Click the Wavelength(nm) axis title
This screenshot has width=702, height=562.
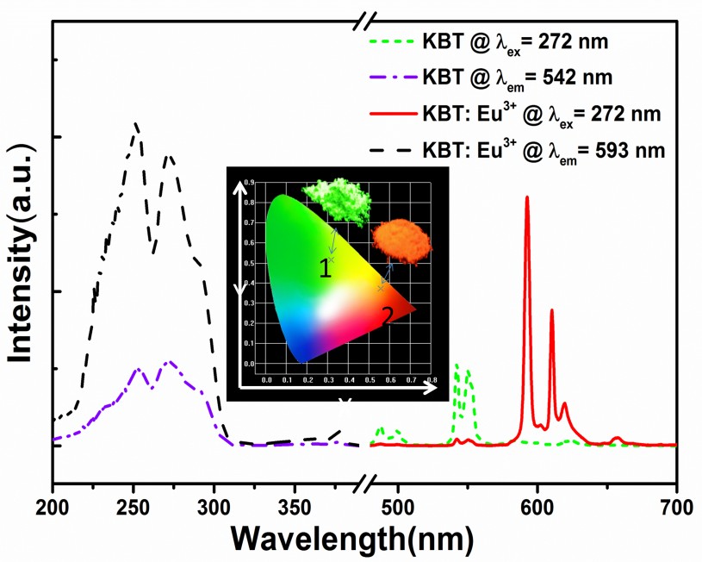pyautogui.click(x=351, y=538)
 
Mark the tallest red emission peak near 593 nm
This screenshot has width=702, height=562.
pyautogui.click(x=526, y=197)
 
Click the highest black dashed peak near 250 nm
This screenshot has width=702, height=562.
pyautogui.click(x=136, y=124)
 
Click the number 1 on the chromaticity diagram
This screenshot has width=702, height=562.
pyautogui.click(x=325, y=269)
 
